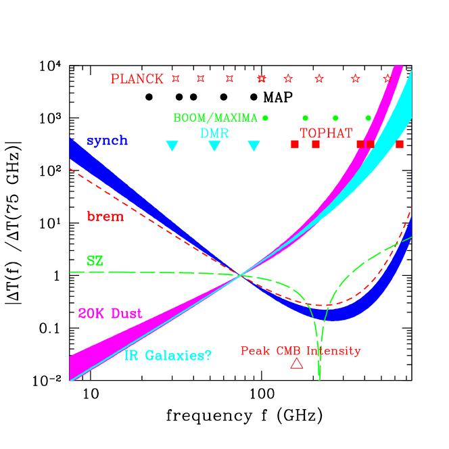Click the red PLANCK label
(x=137, y=79)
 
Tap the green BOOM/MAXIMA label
(x=215, y=118)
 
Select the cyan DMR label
(x=214, y=133)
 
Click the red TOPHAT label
(x=326, y=133)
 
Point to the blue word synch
(x=107, y=141)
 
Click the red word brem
(x=105, y=216)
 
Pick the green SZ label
(x=95, y=260)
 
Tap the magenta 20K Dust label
(x=110, y=314)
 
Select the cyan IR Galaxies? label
(x=168, y=354)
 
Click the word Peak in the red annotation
(x=255, y=351)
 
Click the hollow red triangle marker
(x=296, y=364)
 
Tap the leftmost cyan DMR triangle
(x=172, y=145)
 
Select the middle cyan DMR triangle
(x=214, y=145)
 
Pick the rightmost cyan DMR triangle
(x=254, y=145)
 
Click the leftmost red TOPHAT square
(x=294, y=144)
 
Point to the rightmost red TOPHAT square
(x=400, y=144)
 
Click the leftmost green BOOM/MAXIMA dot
(x=265, y=118)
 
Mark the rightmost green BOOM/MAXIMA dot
(x=369, y=118)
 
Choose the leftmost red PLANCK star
(x=176, y=78)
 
